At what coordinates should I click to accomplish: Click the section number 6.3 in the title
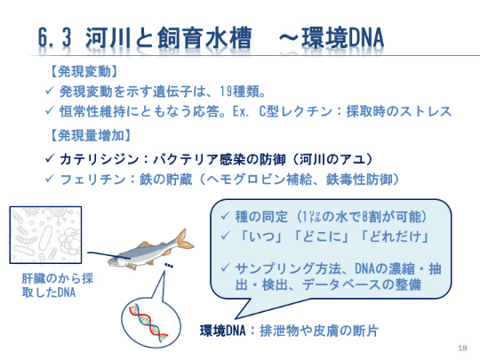coord(55,37)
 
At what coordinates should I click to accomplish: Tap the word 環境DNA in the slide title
coord(343,37)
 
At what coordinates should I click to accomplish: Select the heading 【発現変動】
coord(84,72)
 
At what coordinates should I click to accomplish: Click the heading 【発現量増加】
coord(91,135)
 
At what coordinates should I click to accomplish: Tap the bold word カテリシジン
coord(100,159)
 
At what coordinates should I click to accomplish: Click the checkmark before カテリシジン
coord(50,158)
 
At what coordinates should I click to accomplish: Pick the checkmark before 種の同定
coord(225,216)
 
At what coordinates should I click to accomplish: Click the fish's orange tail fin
coord(184,240)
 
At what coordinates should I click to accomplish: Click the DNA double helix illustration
coord(148,323)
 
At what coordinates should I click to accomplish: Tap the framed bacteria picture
coord(45,235)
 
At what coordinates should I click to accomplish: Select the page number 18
coord(462,348)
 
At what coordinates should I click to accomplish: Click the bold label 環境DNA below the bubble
coord(222,331)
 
